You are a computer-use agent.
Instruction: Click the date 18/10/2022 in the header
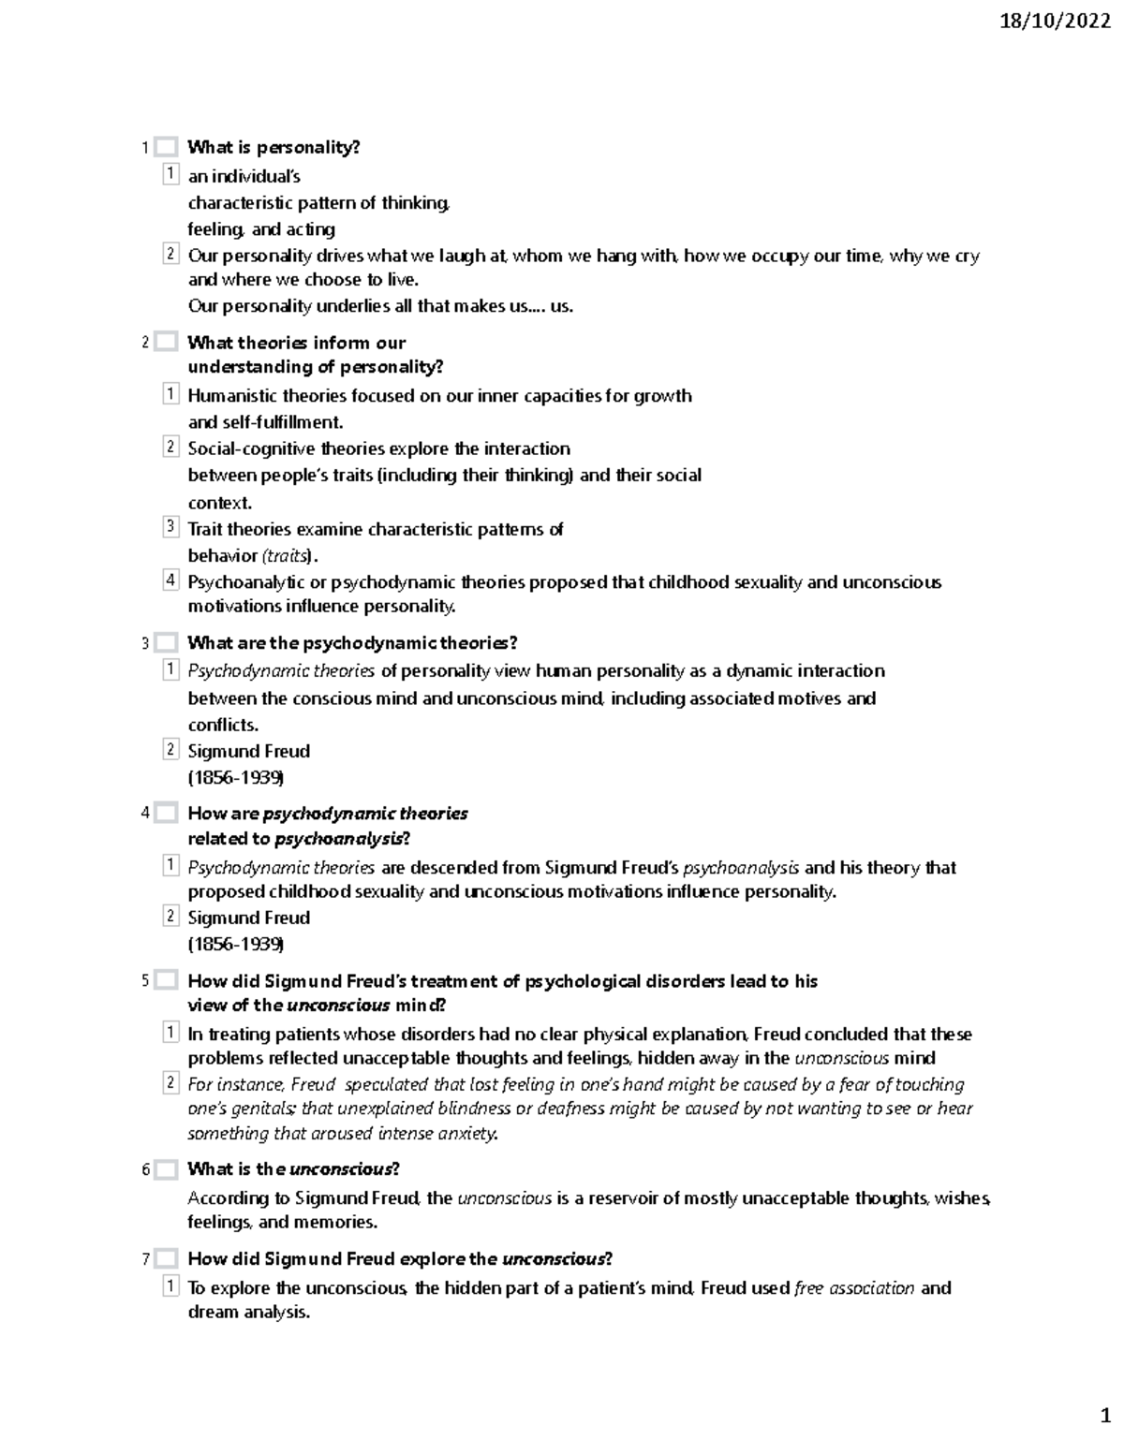(1055, 22)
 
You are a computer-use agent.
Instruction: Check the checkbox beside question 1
(166, 147)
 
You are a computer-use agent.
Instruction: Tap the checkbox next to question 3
(166, 643)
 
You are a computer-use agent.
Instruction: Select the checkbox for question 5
(166, 981)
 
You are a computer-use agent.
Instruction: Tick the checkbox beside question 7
(166, 1259)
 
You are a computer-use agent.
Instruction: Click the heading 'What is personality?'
(274, 147)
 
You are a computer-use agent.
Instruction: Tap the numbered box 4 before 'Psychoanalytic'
(170, 580)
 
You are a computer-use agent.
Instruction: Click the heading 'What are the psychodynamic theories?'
(352, 643)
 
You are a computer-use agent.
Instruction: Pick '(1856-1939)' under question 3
(236, 778)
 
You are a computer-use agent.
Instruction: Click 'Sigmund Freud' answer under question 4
(248, 918)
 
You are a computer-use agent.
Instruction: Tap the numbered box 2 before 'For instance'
(170, 1083)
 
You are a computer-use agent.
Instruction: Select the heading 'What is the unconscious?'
(293, 1169)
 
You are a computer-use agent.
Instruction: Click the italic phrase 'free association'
(853, 1288)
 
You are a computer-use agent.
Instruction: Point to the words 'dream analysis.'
(248, 1313)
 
